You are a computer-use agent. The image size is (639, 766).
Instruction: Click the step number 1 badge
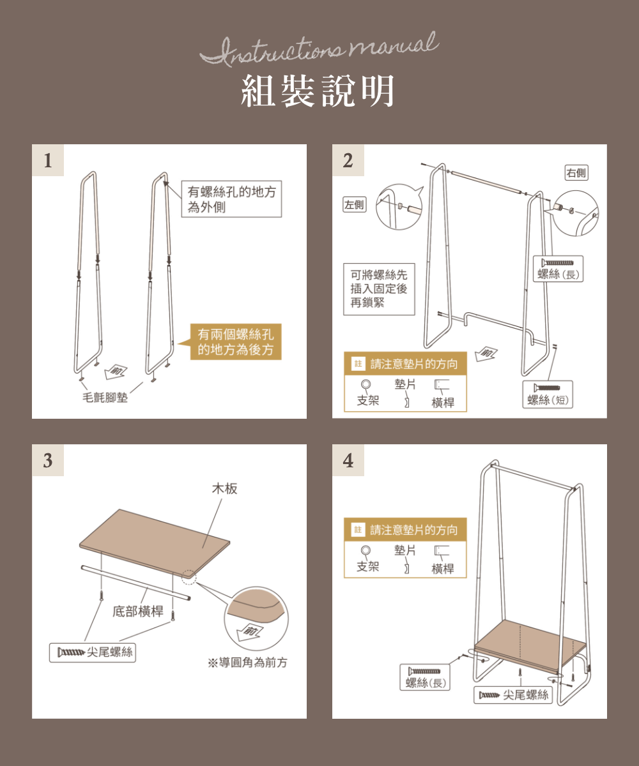click(x=48, y=160)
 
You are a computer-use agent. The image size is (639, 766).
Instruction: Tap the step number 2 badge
click(x=348, y=160)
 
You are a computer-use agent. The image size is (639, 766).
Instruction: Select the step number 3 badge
click(x=48, y=460)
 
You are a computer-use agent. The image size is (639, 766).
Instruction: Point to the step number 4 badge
click(x=348, y=460)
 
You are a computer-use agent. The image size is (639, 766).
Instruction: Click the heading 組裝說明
click(x=318, y=91)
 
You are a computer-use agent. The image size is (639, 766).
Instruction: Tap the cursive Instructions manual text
click(x=319, y=49)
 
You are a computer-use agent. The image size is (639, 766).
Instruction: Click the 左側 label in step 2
click(x=355, y=204)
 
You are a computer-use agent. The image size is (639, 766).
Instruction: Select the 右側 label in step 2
click(x=576, y=172)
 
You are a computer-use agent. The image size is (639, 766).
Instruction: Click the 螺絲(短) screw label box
click(x=547, y=394)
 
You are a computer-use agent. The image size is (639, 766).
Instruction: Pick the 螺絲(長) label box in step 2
click(x=557, y=269)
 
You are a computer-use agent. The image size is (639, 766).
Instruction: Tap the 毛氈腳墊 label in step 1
click(x=105, y=398)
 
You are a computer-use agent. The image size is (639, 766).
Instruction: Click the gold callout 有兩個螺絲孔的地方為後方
click(x=236, y=342)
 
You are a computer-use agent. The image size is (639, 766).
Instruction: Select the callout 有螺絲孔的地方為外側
click(x=231, y=199)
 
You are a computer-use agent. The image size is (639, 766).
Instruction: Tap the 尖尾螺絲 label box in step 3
click(x=95, y=652)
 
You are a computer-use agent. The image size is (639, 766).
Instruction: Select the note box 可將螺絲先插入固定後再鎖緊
click(x=379, y=289)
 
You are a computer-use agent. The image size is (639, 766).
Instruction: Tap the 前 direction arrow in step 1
click(x=117, y=372)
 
